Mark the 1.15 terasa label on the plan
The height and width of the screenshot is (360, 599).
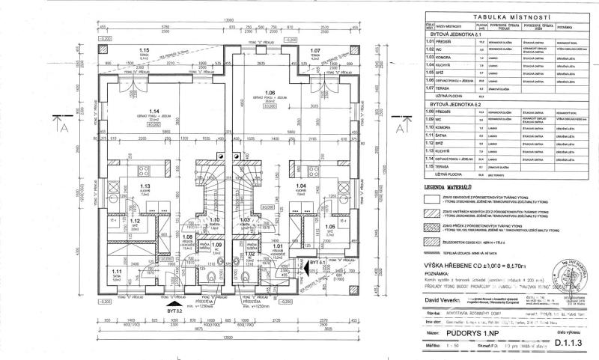coord(144,51)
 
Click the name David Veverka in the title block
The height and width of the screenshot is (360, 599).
coord(446,299)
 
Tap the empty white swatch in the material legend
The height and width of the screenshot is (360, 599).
coord(431,198)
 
